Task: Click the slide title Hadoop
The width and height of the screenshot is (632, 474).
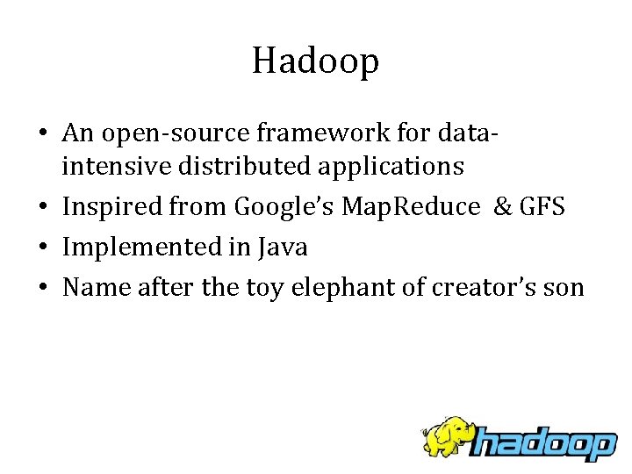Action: tap(315, 61)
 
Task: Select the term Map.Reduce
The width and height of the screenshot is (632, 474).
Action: tap(409, 207)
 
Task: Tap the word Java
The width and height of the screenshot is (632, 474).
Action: tap(283, 247)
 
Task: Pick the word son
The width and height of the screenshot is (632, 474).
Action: tap(564, 287)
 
